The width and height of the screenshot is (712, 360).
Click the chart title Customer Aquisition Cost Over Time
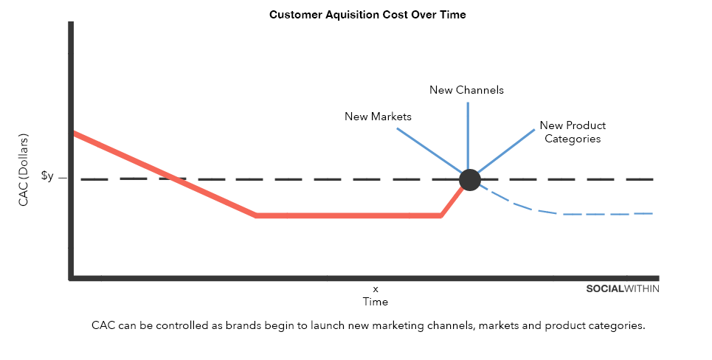(367, 15)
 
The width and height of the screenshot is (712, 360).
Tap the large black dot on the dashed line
(469, 180)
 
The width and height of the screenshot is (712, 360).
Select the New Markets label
(378, 117)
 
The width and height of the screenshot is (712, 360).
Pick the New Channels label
(466, 90)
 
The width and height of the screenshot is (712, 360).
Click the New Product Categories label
(573, 132)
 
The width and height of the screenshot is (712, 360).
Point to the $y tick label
(47, 176)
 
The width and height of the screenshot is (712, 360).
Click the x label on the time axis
(376, 289)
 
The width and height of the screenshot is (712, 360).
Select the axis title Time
(376, 302)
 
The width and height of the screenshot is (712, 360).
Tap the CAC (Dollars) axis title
(23, 170)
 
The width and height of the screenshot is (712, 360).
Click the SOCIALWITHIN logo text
(623, 288)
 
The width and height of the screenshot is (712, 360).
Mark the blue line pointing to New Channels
(468, 136)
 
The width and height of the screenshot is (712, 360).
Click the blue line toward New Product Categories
(506, 152)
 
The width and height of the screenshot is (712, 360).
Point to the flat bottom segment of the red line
(348, 215)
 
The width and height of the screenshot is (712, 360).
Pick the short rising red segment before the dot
(452, 201)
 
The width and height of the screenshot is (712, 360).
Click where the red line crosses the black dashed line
(174, 179)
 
